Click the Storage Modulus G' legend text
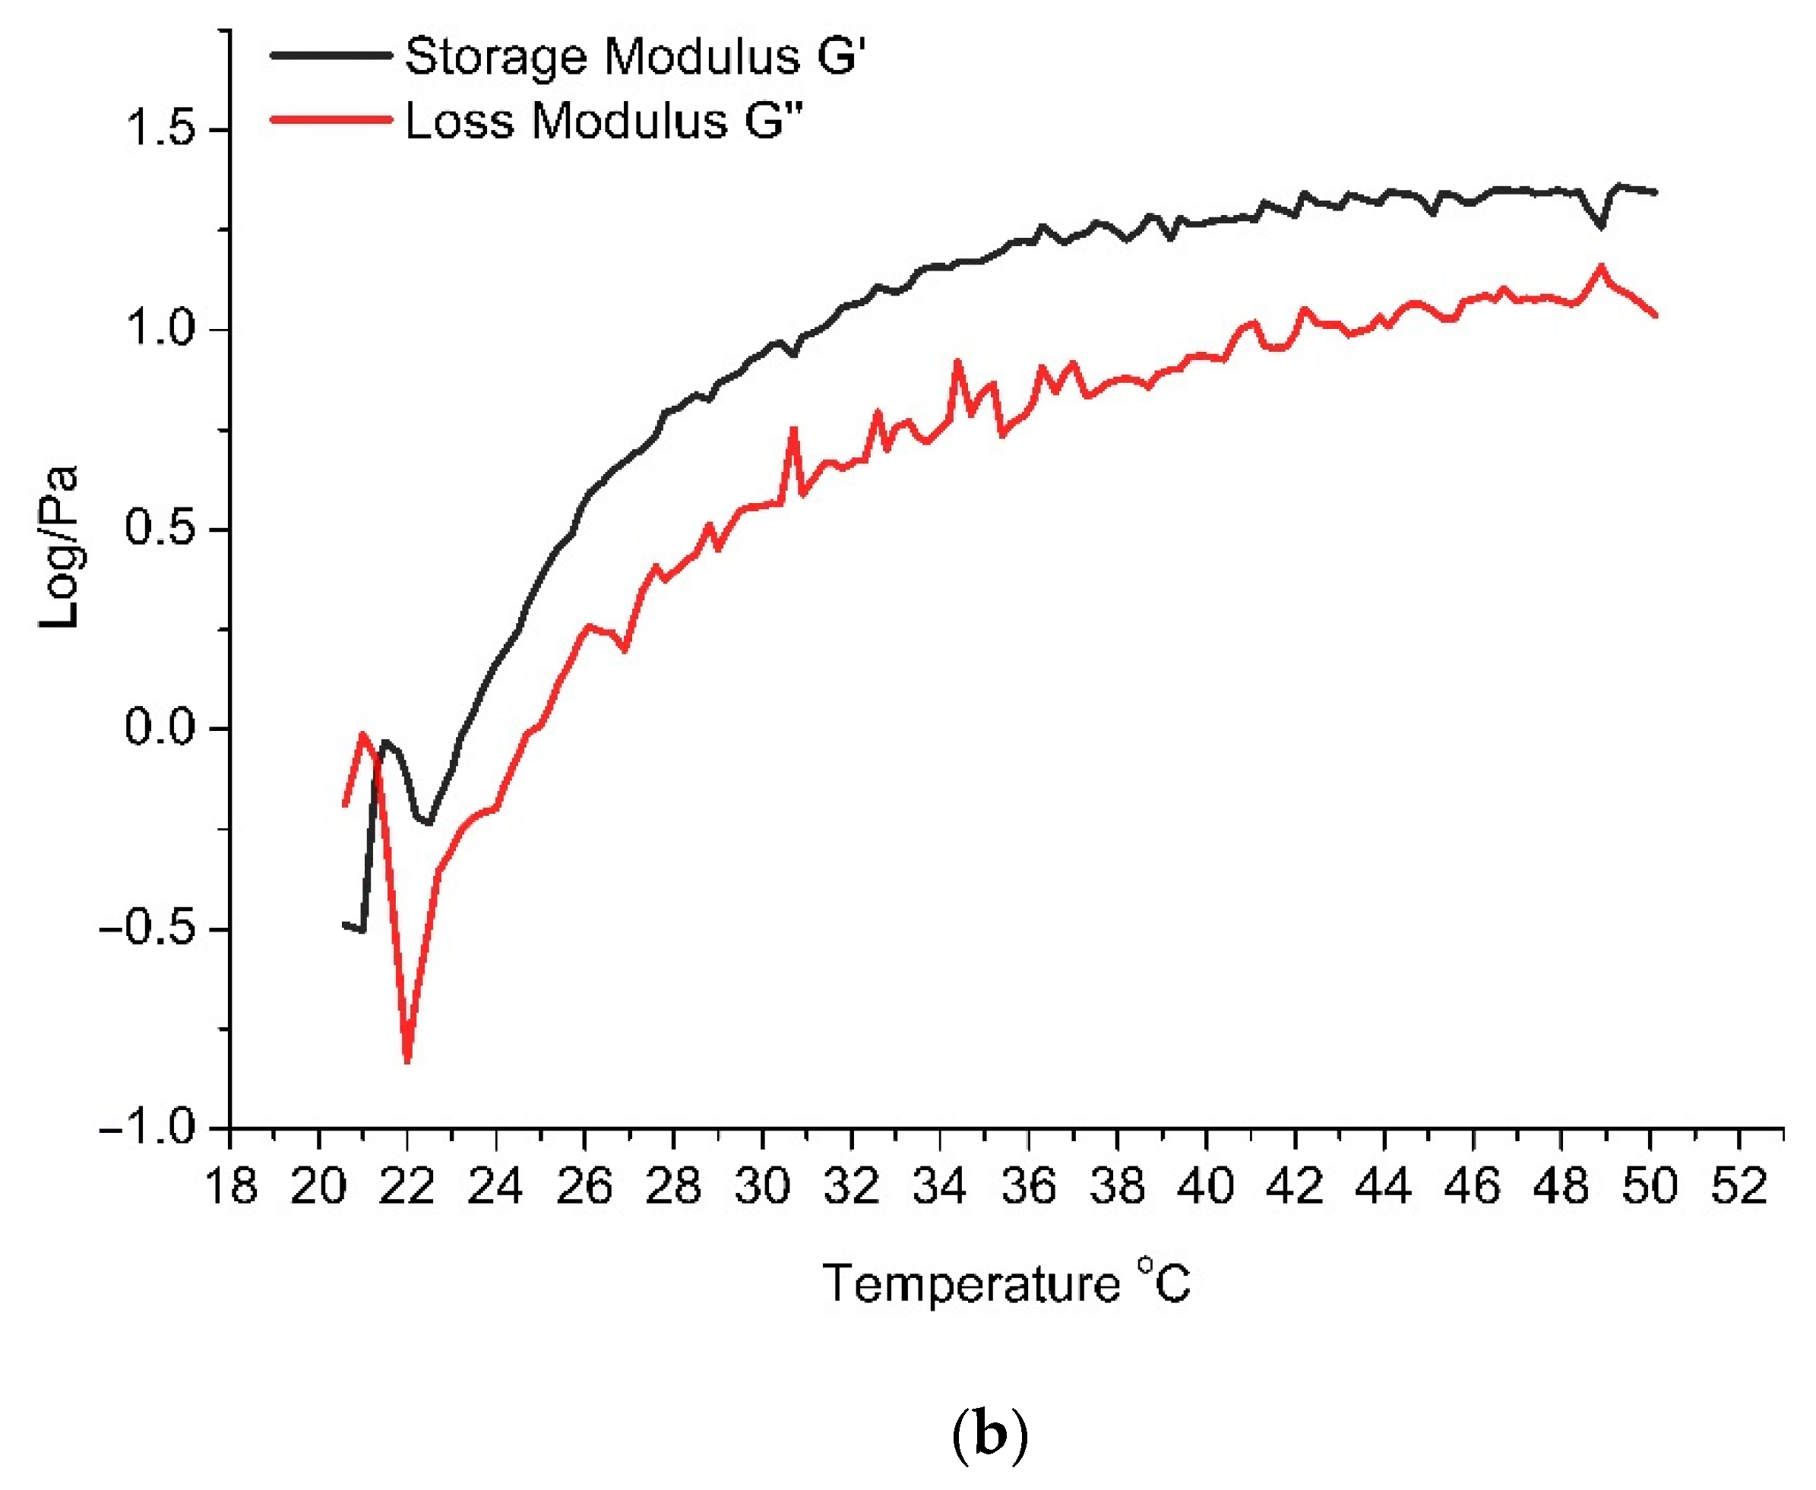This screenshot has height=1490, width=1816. (x=635, y=57)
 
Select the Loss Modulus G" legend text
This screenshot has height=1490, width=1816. (x=604, y=120)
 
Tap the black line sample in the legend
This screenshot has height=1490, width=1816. (x=331, y=55)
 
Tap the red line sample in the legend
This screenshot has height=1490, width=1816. (x=331, y=119)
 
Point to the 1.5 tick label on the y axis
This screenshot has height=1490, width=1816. (x=161, y=130)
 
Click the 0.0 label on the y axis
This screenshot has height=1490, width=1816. (x=161, y=727)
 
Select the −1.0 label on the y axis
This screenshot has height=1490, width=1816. (x=148, y=1126)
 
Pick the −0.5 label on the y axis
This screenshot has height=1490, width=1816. (x=148, y=928)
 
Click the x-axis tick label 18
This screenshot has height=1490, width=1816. (x=231, y=1187)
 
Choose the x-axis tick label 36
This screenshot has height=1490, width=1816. (x=1029, y=1187)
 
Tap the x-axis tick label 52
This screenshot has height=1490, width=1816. (x=1738, y=1187)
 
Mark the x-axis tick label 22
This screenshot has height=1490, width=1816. (x=408, y=1187)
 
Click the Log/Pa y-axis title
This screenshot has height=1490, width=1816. (x=60, y=548)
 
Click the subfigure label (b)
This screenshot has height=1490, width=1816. (x=989, y=1435)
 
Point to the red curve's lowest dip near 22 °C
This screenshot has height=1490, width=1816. (x=407, y=1061)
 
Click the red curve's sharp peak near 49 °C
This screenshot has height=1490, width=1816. (x=1599, y=267)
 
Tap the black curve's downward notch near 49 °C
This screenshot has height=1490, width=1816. (x=1600, y=226)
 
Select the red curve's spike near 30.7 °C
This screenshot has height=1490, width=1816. (x=794, y=429)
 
